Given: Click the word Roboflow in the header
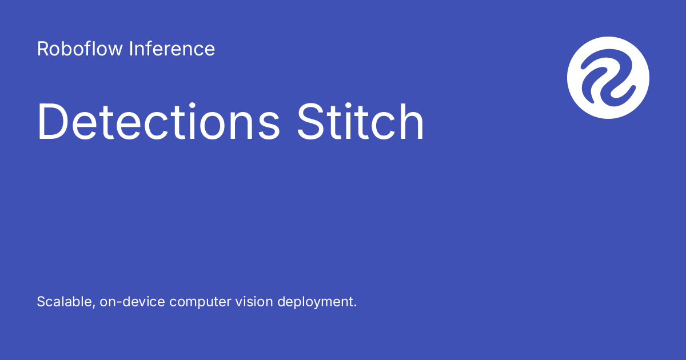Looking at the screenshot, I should pos(80,49).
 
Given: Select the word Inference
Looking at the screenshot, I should pos(171,49).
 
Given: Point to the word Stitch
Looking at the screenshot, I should pos(361,122).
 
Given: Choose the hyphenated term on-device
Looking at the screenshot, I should pos(132,302).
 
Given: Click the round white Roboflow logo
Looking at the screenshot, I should pos(608,78).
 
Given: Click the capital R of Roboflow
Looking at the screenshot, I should pos(42,49).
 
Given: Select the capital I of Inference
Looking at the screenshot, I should pos(131,49).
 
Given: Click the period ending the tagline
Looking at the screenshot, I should pos(354,306).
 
